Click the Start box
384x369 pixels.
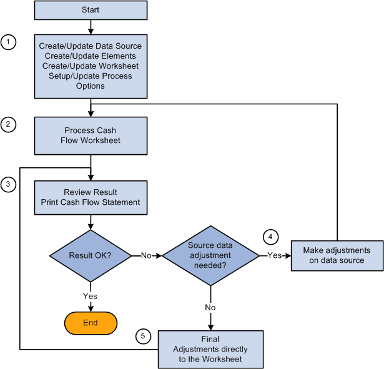(91, 10)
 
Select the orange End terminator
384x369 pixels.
(91, 322)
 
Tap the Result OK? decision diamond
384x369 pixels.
(91, 255)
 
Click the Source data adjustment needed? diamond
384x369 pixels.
(211, 255)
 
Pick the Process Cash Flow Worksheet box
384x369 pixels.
(91, 135)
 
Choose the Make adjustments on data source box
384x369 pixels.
(337, 255)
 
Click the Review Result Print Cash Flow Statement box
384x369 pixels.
(91, 197)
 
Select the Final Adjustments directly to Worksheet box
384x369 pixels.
(211, 348)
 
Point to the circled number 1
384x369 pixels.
(8, 42)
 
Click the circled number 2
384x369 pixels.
(8, 125)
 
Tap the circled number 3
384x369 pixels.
(8, 184)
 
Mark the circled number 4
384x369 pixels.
(270, 237)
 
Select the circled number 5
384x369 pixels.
(143, 337)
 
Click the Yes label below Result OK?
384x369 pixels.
(91, 295)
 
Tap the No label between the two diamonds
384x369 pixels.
(145, 255)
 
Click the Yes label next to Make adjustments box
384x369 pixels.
(274, 255)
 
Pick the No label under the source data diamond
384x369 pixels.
(211, 307)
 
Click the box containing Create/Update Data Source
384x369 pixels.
(91, 66)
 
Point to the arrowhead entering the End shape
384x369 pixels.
(91, 308)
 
